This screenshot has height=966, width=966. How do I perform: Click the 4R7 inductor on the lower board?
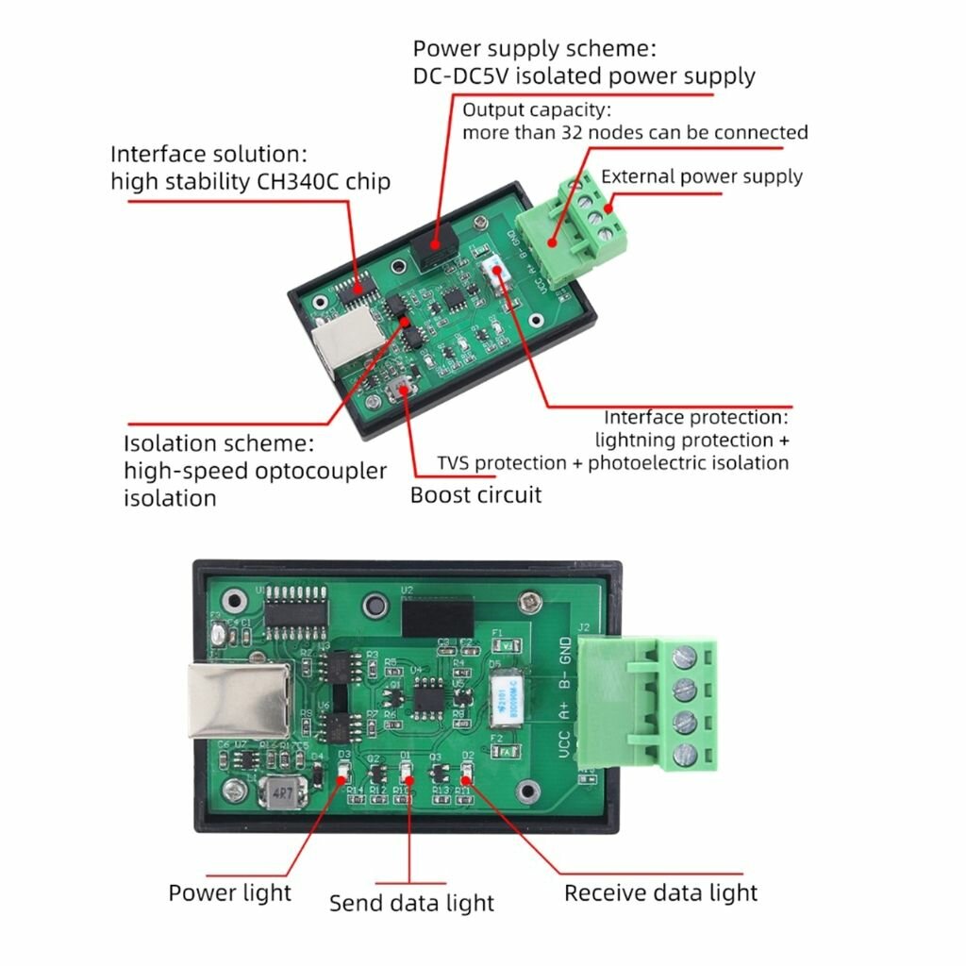click(279, 794)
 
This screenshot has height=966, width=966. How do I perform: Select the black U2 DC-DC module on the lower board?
click(437, 618)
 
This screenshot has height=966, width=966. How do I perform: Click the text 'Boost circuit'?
click(475, 494)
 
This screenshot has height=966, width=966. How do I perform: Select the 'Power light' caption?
click(230, 892)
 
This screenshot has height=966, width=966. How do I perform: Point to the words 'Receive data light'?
click(660, 892)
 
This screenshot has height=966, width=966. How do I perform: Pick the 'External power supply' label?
click(702, 176)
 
